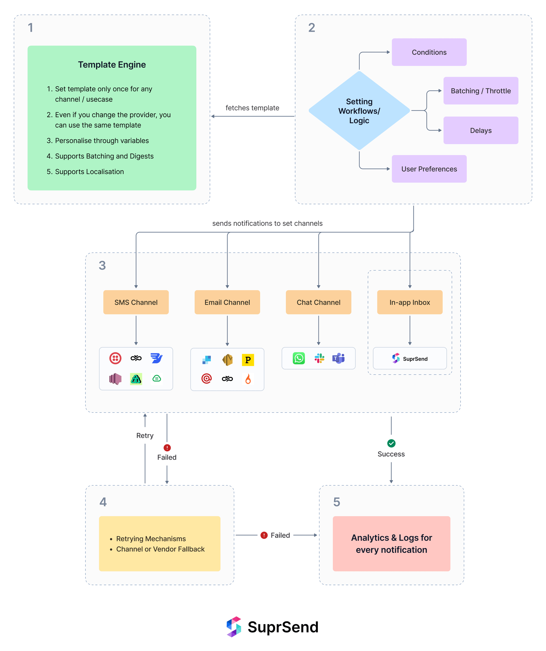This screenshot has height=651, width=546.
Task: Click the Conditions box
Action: tap(429, 52)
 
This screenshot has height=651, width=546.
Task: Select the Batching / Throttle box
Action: tap(480, 91)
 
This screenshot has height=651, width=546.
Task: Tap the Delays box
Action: tap(480, 130)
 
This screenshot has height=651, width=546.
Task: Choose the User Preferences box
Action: tap(429, 169)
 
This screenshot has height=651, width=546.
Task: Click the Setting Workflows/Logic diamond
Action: tap(359, 111)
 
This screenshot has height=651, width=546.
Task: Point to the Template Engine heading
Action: tap(112, 64)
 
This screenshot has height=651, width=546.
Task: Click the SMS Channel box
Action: tap(136, 302)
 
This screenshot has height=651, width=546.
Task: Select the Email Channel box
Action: tap(227, 302)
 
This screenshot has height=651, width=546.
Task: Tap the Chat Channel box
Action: tap(318, 302)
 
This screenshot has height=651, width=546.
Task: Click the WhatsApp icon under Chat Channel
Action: tap(299, 358)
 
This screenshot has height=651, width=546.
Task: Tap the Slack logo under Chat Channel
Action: tap(319, 358)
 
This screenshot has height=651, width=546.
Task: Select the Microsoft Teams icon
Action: tap(339, 358)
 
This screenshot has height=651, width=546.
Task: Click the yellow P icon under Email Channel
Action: tap(248, 360)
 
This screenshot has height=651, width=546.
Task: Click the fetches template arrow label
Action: tap(252, 108)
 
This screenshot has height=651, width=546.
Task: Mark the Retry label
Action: tap(145, 435)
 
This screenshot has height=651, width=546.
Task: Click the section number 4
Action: tap(103, 502)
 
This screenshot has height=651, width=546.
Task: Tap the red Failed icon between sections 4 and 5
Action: tap(264, 535)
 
